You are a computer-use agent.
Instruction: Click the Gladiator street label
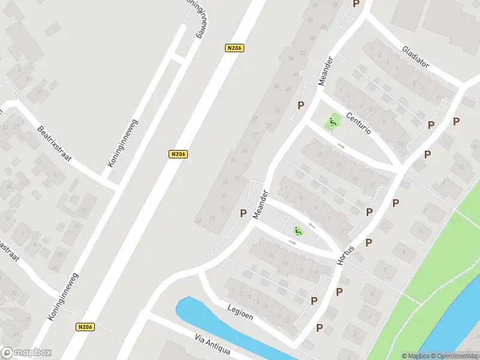point(416,56)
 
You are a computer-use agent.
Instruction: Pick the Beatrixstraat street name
point(54,143)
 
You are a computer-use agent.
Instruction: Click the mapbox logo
point(26,353)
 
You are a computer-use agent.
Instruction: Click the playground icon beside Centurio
point(332,124)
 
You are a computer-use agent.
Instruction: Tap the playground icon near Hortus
point(297,231)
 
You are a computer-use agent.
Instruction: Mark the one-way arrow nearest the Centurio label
point(341,145)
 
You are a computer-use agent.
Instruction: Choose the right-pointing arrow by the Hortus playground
point(293,242)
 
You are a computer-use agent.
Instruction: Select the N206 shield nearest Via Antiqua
point(85,327)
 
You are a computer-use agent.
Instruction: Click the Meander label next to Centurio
point(325,72)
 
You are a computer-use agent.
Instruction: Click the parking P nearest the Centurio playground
point(301,105)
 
